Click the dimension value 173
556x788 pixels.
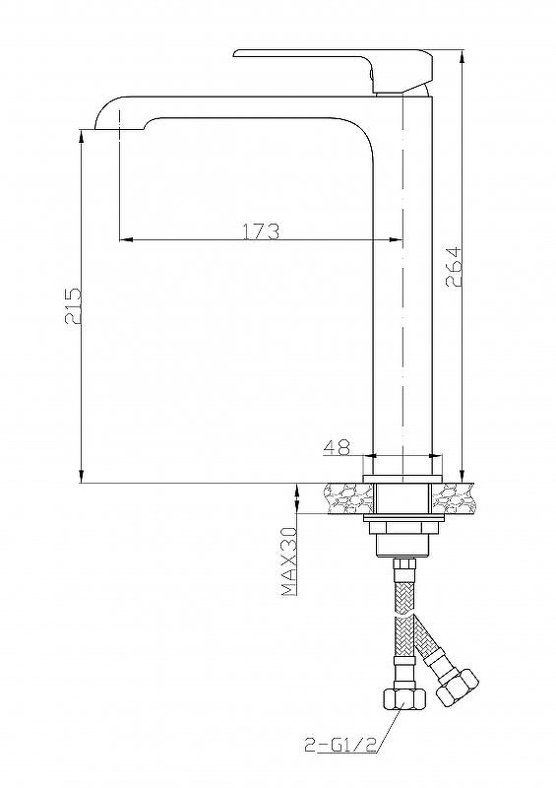pos(261,230)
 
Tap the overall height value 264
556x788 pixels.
pos(454,266)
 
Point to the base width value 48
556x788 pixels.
pos(337,447)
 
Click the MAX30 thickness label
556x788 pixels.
pos(289,561)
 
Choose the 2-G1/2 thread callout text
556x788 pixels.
pos(341,745)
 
